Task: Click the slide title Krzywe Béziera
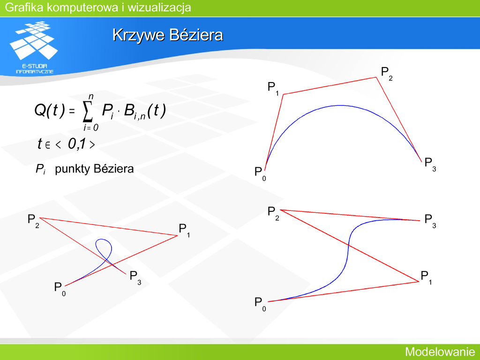(x=168, y=35)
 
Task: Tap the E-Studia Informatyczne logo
(x=34, y=47)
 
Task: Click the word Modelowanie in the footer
(x=440, y=352)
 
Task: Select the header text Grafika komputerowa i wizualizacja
(x=98, y=7)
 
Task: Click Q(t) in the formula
(x=50, y=110)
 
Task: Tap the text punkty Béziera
(x=94, y=169)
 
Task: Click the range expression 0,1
(x=77, y=143)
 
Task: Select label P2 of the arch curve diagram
(x=387, y=74)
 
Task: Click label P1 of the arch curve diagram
(x=273, y=89)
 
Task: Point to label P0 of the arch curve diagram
(x=260, y=173)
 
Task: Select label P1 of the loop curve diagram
(x=184, y=231)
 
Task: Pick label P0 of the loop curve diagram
(x=60, y=289)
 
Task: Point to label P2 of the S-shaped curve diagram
(x=273, y=213)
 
